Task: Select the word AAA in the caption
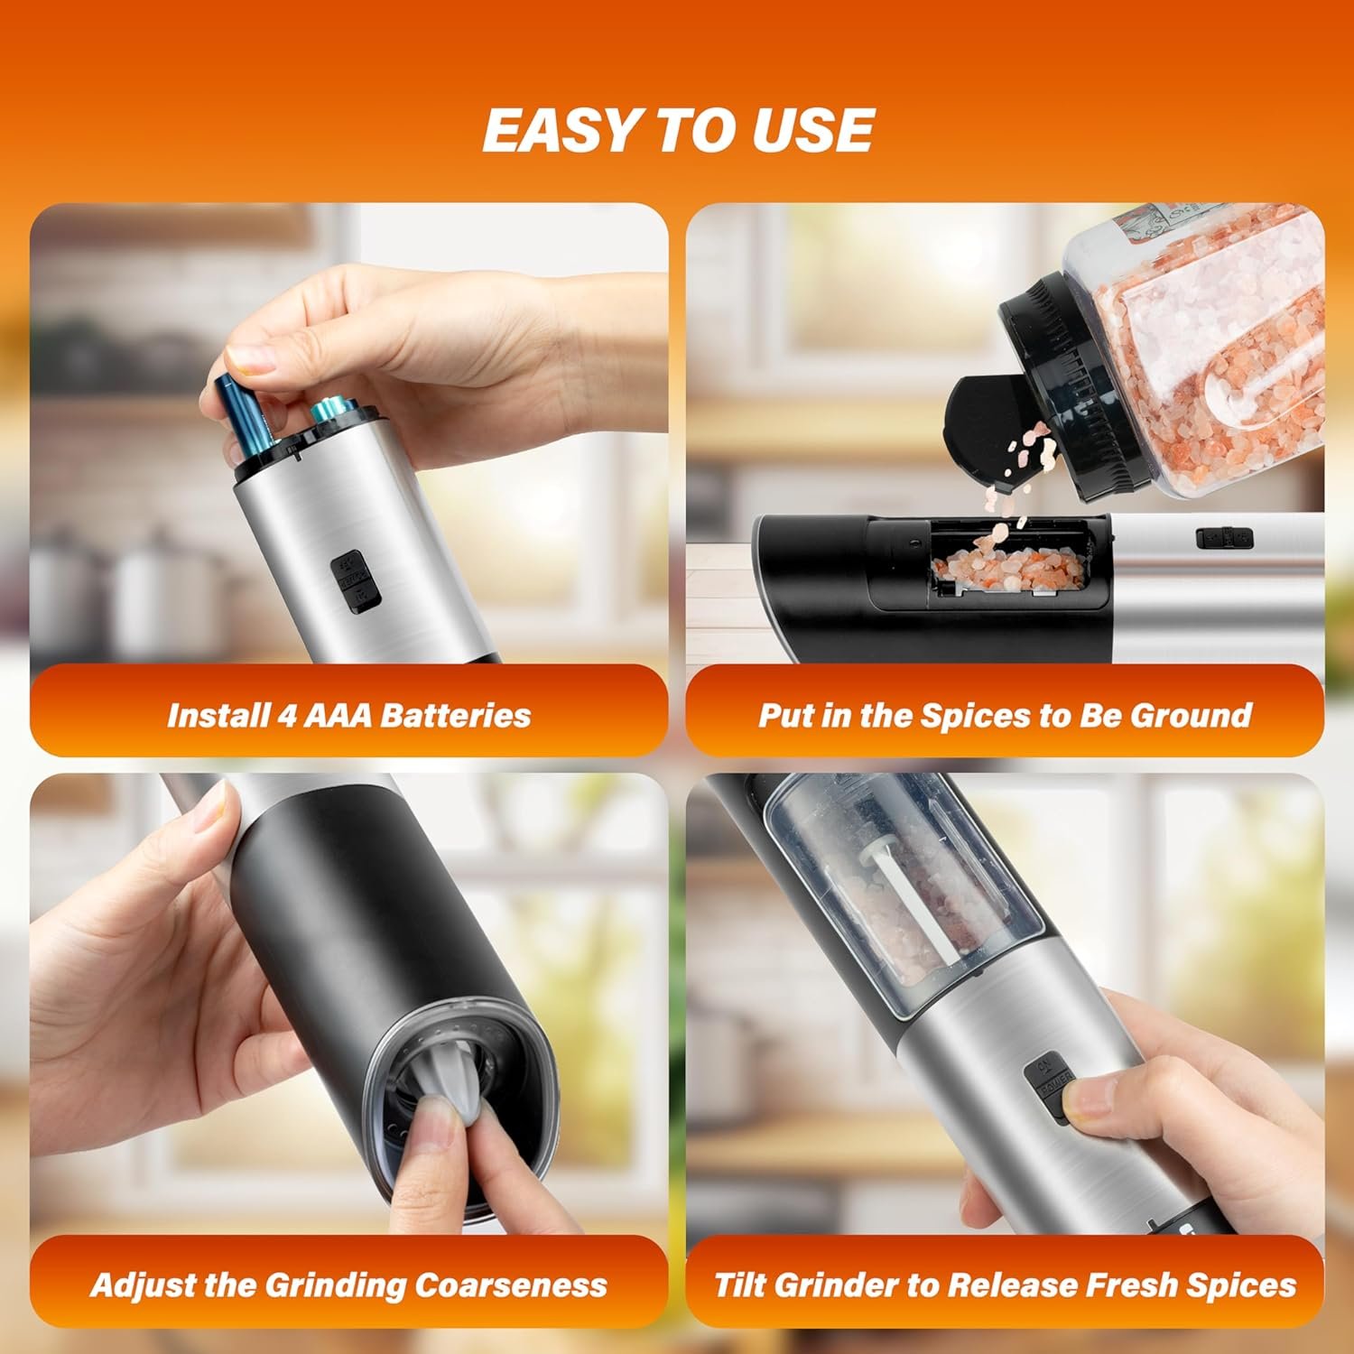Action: click(339, 715)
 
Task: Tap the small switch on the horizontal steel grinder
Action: click(1225, 538)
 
